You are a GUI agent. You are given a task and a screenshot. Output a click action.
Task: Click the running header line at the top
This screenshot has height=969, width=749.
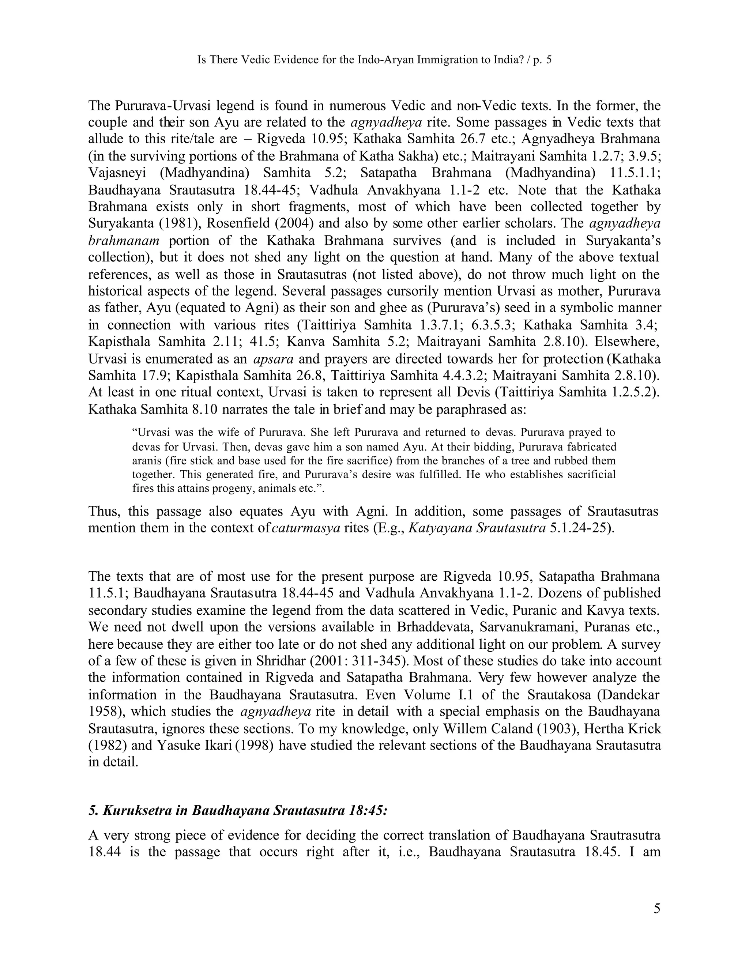click(x=374, y=60)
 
